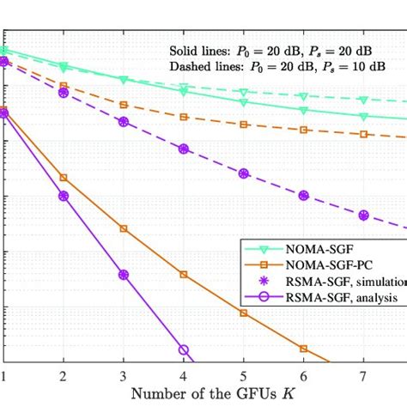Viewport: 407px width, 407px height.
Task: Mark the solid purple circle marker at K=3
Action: (x=124, y=275)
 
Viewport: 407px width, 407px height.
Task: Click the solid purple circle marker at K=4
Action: (x=184, y=349)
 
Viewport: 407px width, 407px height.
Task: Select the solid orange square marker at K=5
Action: (x=244, y=313)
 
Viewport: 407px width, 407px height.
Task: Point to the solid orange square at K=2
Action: (x=64, y=178)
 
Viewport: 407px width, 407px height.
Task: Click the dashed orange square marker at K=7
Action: (x=363, y=134)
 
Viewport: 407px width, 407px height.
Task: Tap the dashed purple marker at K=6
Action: (x=303, y=196)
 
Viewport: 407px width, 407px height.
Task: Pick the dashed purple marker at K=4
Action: (x=184, y=149)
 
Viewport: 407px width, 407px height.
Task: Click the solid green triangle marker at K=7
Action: (x=363, y=117)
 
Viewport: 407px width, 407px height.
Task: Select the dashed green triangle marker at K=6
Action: (x=303, y=97)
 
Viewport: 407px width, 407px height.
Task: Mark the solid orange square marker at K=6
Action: (x=303, y=349)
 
